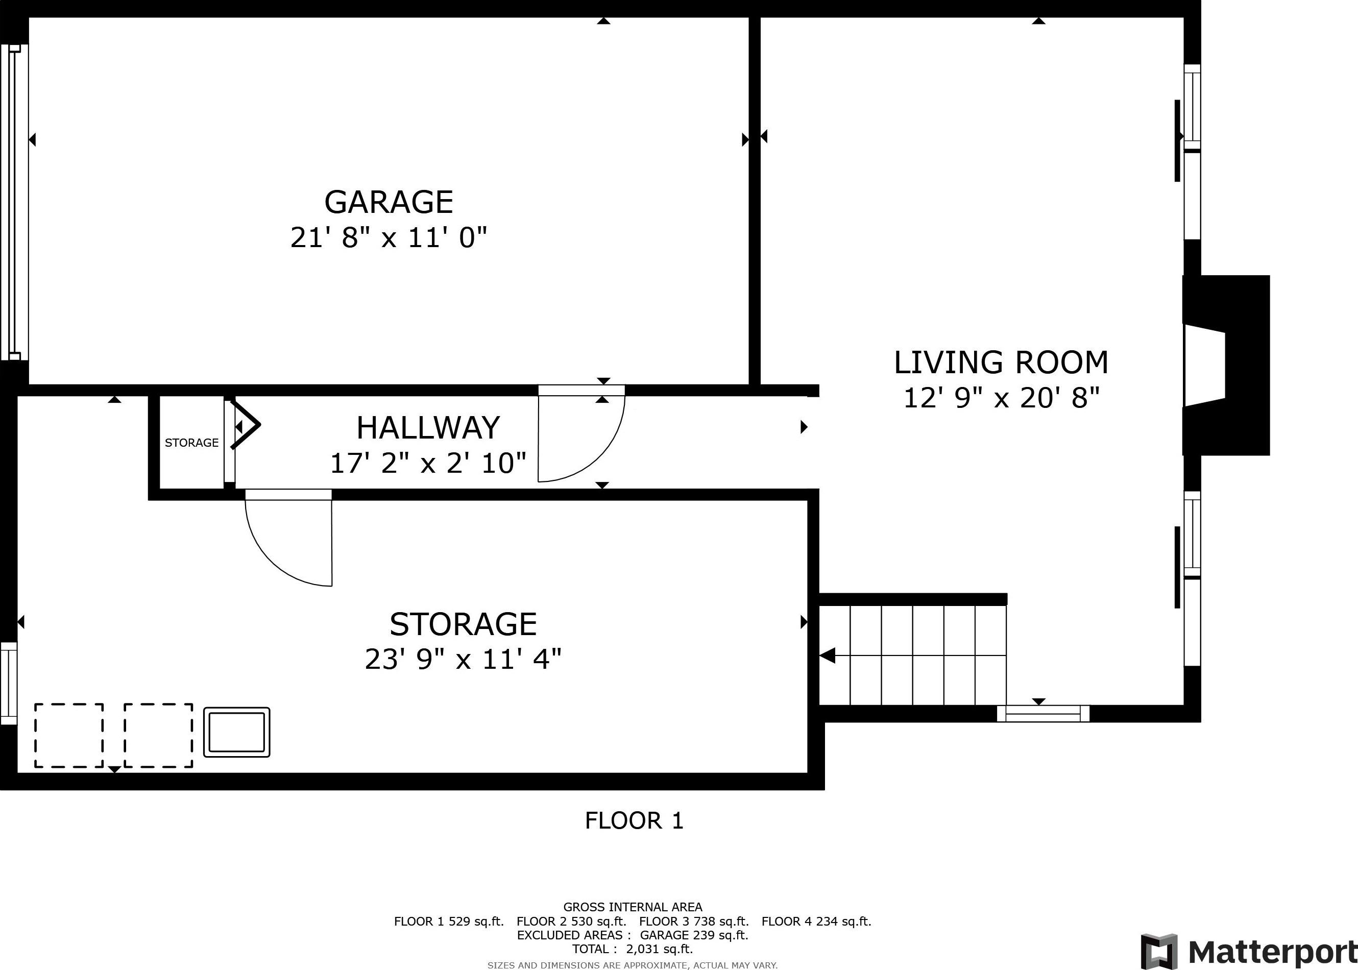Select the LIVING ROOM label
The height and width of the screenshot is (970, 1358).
(x=1001, y=362)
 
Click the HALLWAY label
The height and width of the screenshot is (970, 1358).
(x=428, y=428)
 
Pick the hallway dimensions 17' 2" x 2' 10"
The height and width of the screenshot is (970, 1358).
(x=428, y=463)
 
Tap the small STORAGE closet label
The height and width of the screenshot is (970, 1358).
(x=191, y=443)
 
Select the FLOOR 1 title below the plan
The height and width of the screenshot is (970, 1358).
(x=634, y=821)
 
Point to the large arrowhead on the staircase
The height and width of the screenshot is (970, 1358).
(x=827, y=656)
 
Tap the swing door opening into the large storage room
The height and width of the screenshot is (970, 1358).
(x=288, y=538)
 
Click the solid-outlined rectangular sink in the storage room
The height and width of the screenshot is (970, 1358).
(x=236, y=732)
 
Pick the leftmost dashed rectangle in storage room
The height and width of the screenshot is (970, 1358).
(x=69, y=735)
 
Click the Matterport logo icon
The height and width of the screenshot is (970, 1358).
(x=1159, y=952)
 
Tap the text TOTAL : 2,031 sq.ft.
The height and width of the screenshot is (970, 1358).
(x=633, y=949)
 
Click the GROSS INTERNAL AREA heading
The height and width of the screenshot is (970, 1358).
(x=633, y=907)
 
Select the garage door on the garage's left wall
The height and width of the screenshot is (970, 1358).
(x=14, y=203)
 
